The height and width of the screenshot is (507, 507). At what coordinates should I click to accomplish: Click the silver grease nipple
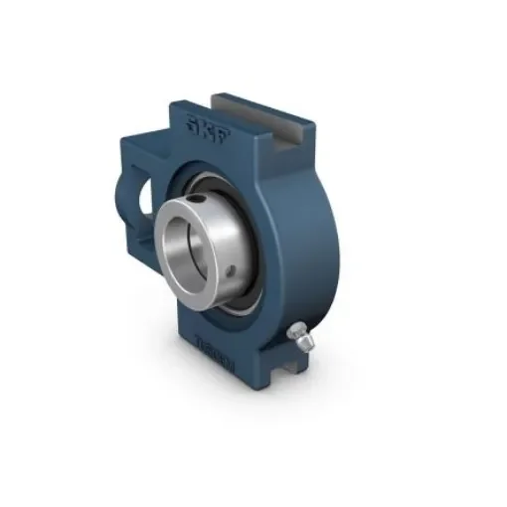(x=296, y=337)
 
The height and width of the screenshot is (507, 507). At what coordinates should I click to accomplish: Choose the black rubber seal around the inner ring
(x=250, y=289)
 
